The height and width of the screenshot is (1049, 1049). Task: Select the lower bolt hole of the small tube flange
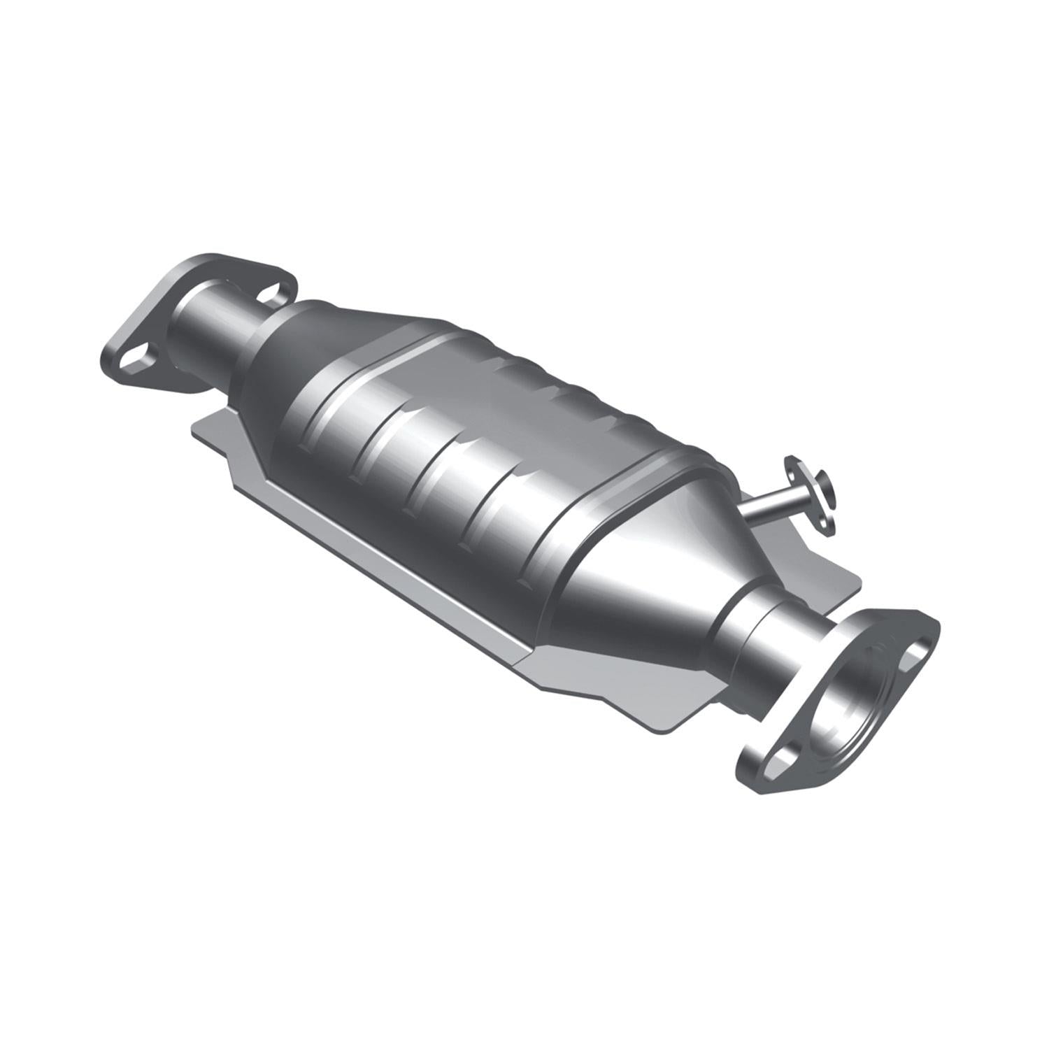(x=829, y=524)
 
